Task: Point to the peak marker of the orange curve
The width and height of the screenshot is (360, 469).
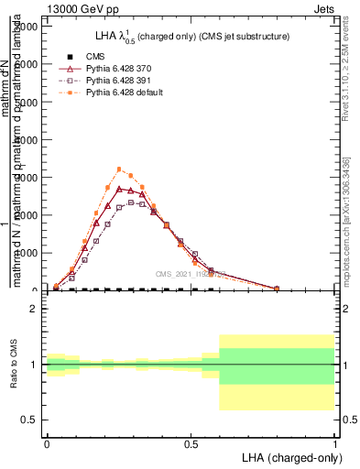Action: click(x=119, y=169)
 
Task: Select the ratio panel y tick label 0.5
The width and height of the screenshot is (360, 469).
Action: click(x=28, y=420)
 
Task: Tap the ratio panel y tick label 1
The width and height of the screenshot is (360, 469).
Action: click(x=34, y=365)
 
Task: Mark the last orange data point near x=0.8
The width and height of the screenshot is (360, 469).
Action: click(x=277, y=289)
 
